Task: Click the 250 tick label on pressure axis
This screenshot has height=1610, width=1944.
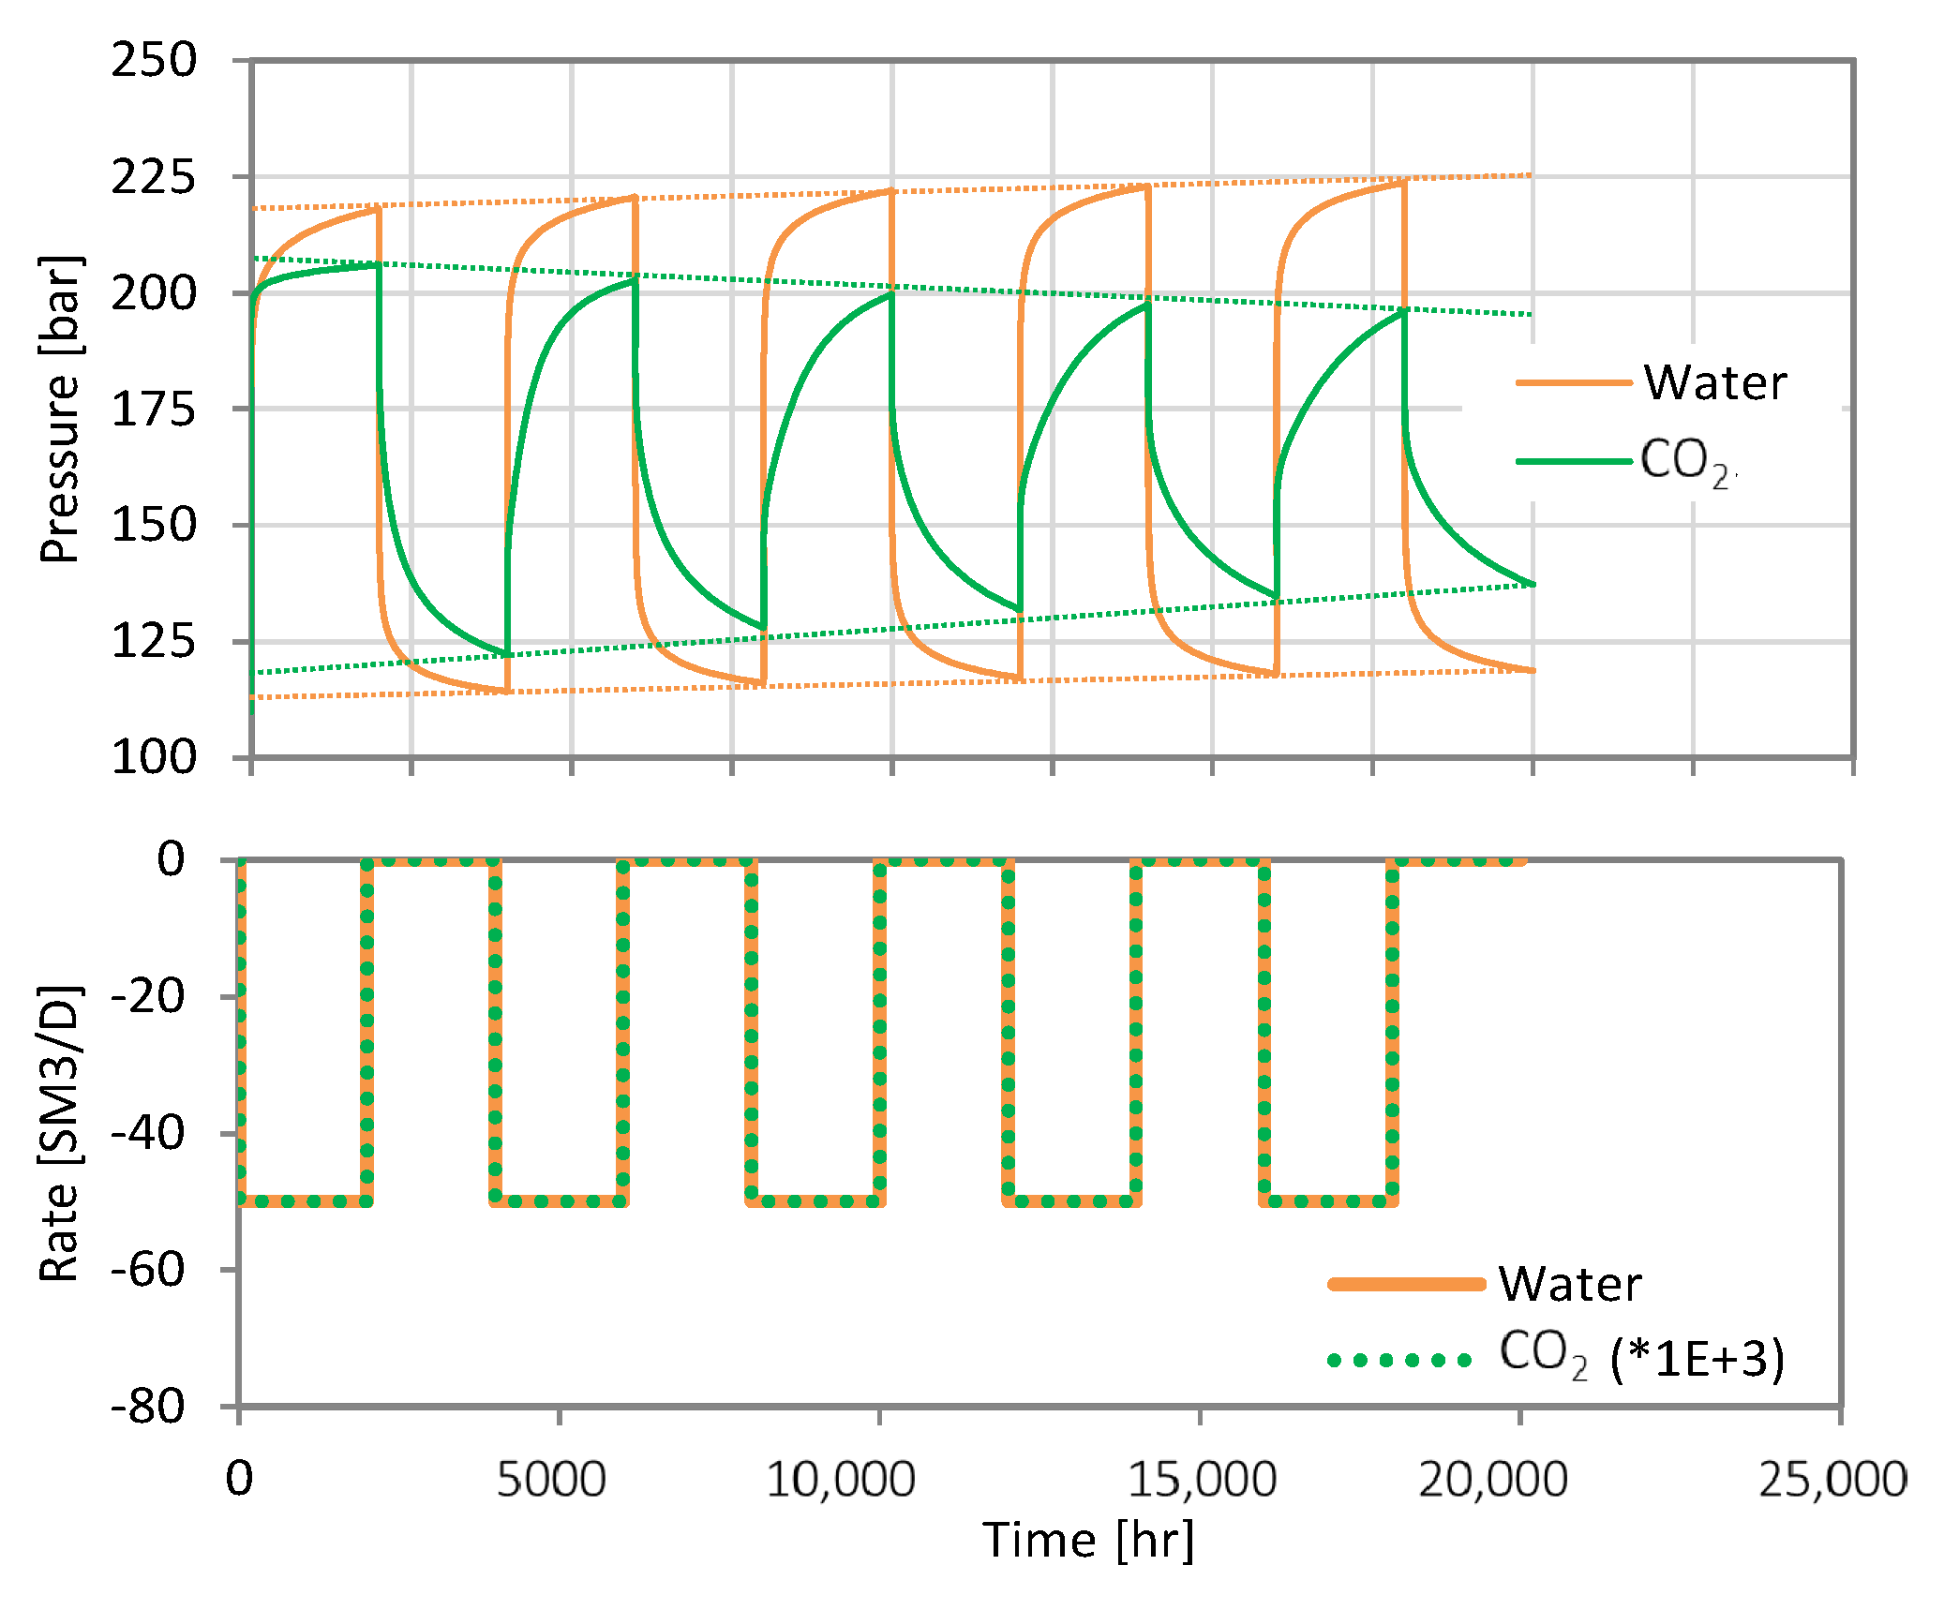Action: coord(154,61)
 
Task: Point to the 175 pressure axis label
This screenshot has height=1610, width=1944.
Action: coord(154,410)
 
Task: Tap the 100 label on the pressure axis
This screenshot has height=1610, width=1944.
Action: coord(154,757)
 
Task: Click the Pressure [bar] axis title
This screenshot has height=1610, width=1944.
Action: coord(61,409)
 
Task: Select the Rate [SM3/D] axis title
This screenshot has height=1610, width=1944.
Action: coord(59,1134)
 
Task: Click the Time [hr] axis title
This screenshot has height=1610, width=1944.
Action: coord(1088,1541)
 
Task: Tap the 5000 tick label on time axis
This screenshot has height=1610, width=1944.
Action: coord(551,1480)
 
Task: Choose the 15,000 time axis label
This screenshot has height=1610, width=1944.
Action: coord(1201,1480)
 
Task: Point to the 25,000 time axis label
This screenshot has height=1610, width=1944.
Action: coord(1832,1480)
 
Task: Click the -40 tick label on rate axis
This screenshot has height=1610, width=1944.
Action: coord(148,1134)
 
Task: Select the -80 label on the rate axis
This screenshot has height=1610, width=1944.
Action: coord(148,1407)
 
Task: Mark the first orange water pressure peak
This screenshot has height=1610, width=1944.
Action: coord(378,208)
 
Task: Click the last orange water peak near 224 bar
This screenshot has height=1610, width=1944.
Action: coord(1403,183)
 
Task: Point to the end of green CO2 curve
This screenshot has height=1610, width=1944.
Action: coord(1533,584)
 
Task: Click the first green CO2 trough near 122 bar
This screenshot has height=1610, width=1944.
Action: coord(507,654)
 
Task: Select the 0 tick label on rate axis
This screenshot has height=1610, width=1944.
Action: coord(171,858)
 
